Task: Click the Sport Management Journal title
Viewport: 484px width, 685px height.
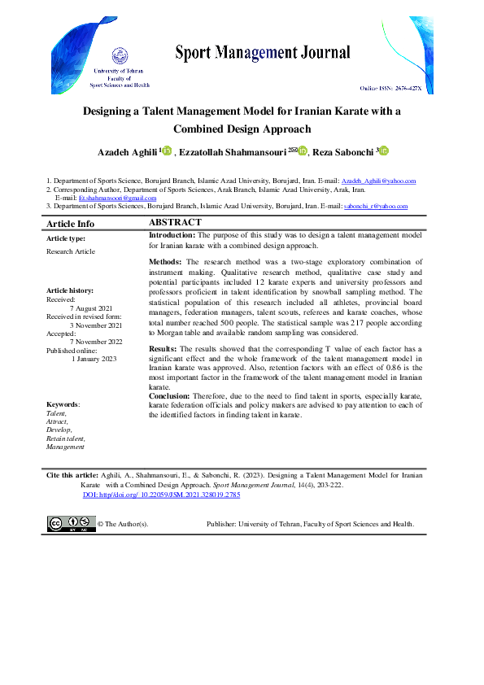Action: click(x=263, y=54)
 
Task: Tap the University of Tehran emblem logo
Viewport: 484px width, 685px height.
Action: click(x=119, y=57)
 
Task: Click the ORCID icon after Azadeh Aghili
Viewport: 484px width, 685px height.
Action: click(x=168, y=151)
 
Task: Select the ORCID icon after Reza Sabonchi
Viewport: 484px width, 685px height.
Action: click(x=383, y=151)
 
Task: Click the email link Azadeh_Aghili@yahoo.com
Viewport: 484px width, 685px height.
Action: click(x=378, y=181)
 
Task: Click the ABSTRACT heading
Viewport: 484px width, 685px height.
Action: click(x=175, y=222)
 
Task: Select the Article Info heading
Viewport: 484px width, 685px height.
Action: click(x=70, y=224)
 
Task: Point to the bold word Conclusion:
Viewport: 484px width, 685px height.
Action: click(x=171, y=397)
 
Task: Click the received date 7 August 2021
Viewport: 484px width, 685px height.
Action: click(x=92, y=309)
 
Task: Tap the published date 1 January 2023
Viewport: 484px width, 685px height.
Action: click(x=94, y=358)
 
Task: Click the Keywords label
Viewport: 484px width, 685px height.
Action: click(x=63, y=404)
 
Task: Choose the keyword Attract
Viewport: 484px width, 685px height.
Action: click(x=57, y=421)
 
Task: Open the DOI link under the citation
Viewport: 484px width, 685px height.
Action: click(x=161, y=495)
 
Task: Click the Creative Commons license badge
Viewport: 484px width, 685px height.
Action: click(x=72, y=524)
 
